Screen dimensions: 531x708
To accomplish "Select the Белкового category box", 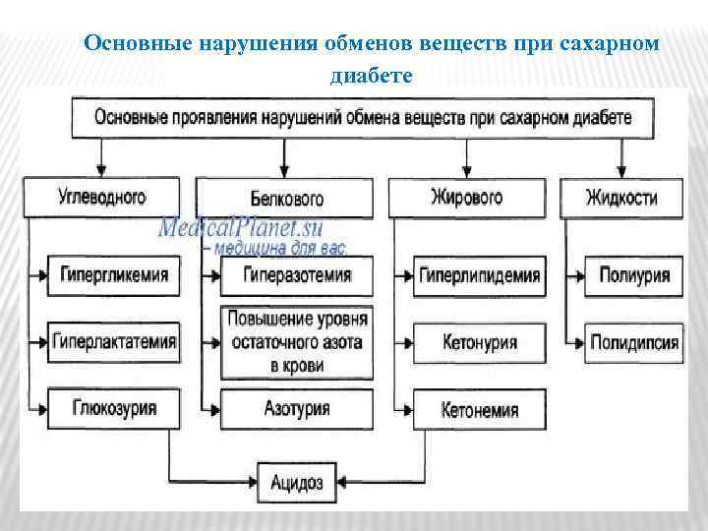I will pyautogui.click(x=285, y=199).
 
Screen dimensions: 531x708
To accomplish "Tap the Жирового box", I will pyautogui.click(x=467, y=197).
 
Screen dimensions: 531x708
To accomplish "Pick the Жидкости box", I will pyautogui.click(x=621, y=197).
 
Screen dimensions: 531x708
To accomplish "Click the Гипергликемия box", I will pyautogui.click(x=113, y=275).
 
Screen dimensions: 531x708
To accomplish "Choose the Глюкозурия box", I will pyautogui.click(x=113, y=407).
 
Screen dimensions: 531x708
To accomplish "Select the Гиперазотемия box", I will pyautogui.click(x=296, y=275).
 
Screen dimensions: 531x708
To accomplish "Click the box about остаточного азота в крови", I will pyautogui.click(x=296, y=342).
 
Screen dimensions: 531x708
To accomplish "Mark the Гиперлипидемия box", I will pyautogui.click(x=480, y=275).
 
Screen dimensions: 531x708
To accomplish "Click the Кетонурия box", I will pyautogui.click(x=480, y=342).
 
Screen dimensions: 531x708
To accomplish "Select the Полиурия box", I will pyautogui.click(x=634, y=275).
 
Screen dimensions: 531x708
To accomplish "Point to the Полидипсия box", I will pyautogui.click(x=634, y=342).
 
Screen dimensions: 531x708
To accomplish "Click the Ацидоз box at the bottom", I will pyautogui.click(x=296, y=482).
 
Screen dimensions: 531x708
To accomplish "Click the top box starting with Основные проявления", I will pyautogui.click(x=363, y=119).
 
